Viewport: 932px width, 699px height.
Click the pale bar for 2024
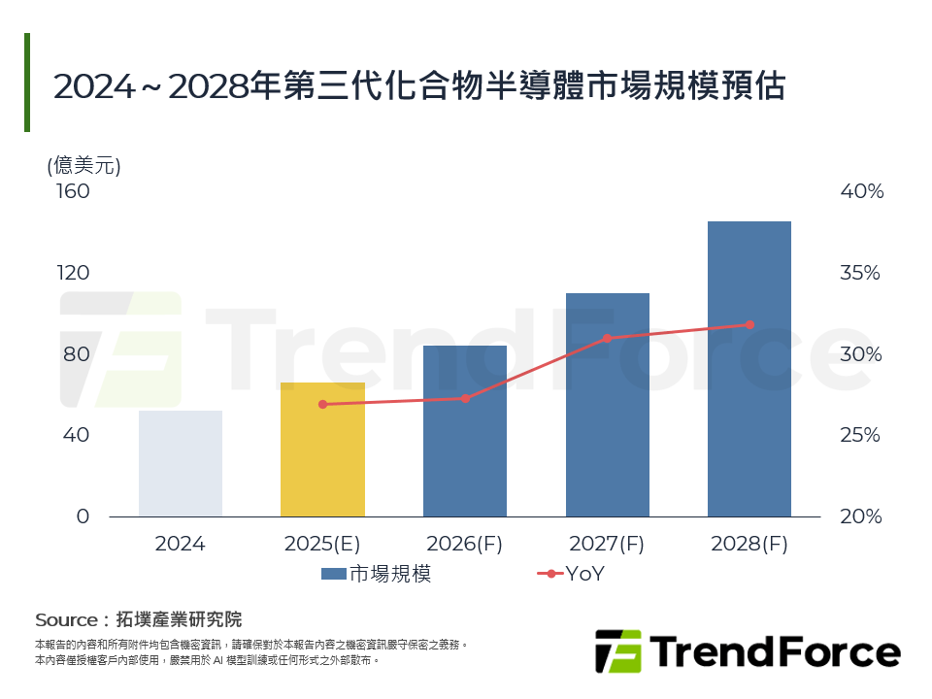click(181, 463)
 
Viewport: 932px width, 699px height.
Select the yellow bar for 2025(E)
click(322, 449)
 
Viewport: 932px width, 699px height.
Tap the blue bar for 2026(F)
click(465, 431)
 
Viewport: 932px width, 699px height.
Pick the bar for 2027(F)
click(607, 405)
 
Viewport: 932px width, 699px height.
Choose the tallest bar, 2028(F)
click(749, 369)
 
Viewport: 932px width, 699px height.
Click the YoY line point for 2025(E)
click(322, 404)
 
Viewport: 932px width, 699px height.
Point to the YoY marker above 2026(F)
click(465, 398)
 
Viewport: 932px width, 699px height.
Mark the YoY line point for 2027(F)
click(607, 338)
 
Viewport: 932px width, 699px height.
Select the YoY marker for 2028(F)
click(749, 324)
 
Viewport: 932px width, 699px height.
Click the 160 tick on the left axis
click(74, 191)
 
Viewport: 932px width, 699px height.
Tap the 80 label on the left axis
click(77, 354)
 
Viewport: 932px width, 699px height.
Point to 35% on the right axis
click(860, 273)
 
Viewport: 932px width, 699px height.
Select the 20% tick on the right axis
click(860, 516)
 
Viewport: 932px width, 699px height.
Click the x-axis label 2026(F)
click(465, 544)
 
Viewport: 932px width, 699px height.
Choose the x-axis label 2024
click(181, 544)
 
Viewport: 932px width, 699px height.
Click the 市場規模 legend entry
click(377, 574)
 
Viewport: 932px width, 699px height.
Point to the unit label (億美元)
click(83, 165)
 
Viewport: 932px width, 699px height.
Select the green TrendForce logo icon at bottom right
click(618, 651)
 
